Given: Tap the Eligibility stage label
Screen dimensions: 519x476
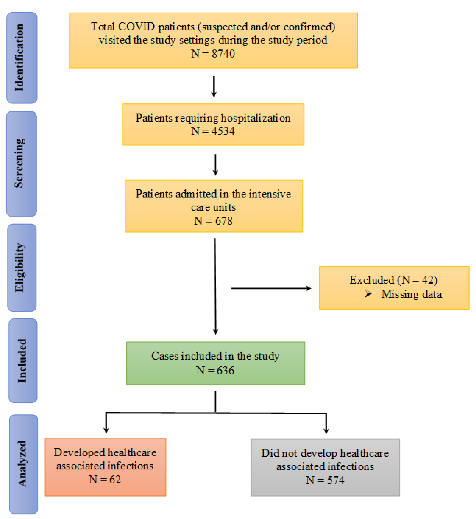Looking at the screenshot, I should [20, 267].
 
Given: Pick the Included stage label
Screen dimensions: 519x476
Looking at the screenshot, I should [22, 360].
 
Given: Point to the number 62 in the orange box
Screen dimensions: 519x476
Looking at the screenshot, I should [115, 480].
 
